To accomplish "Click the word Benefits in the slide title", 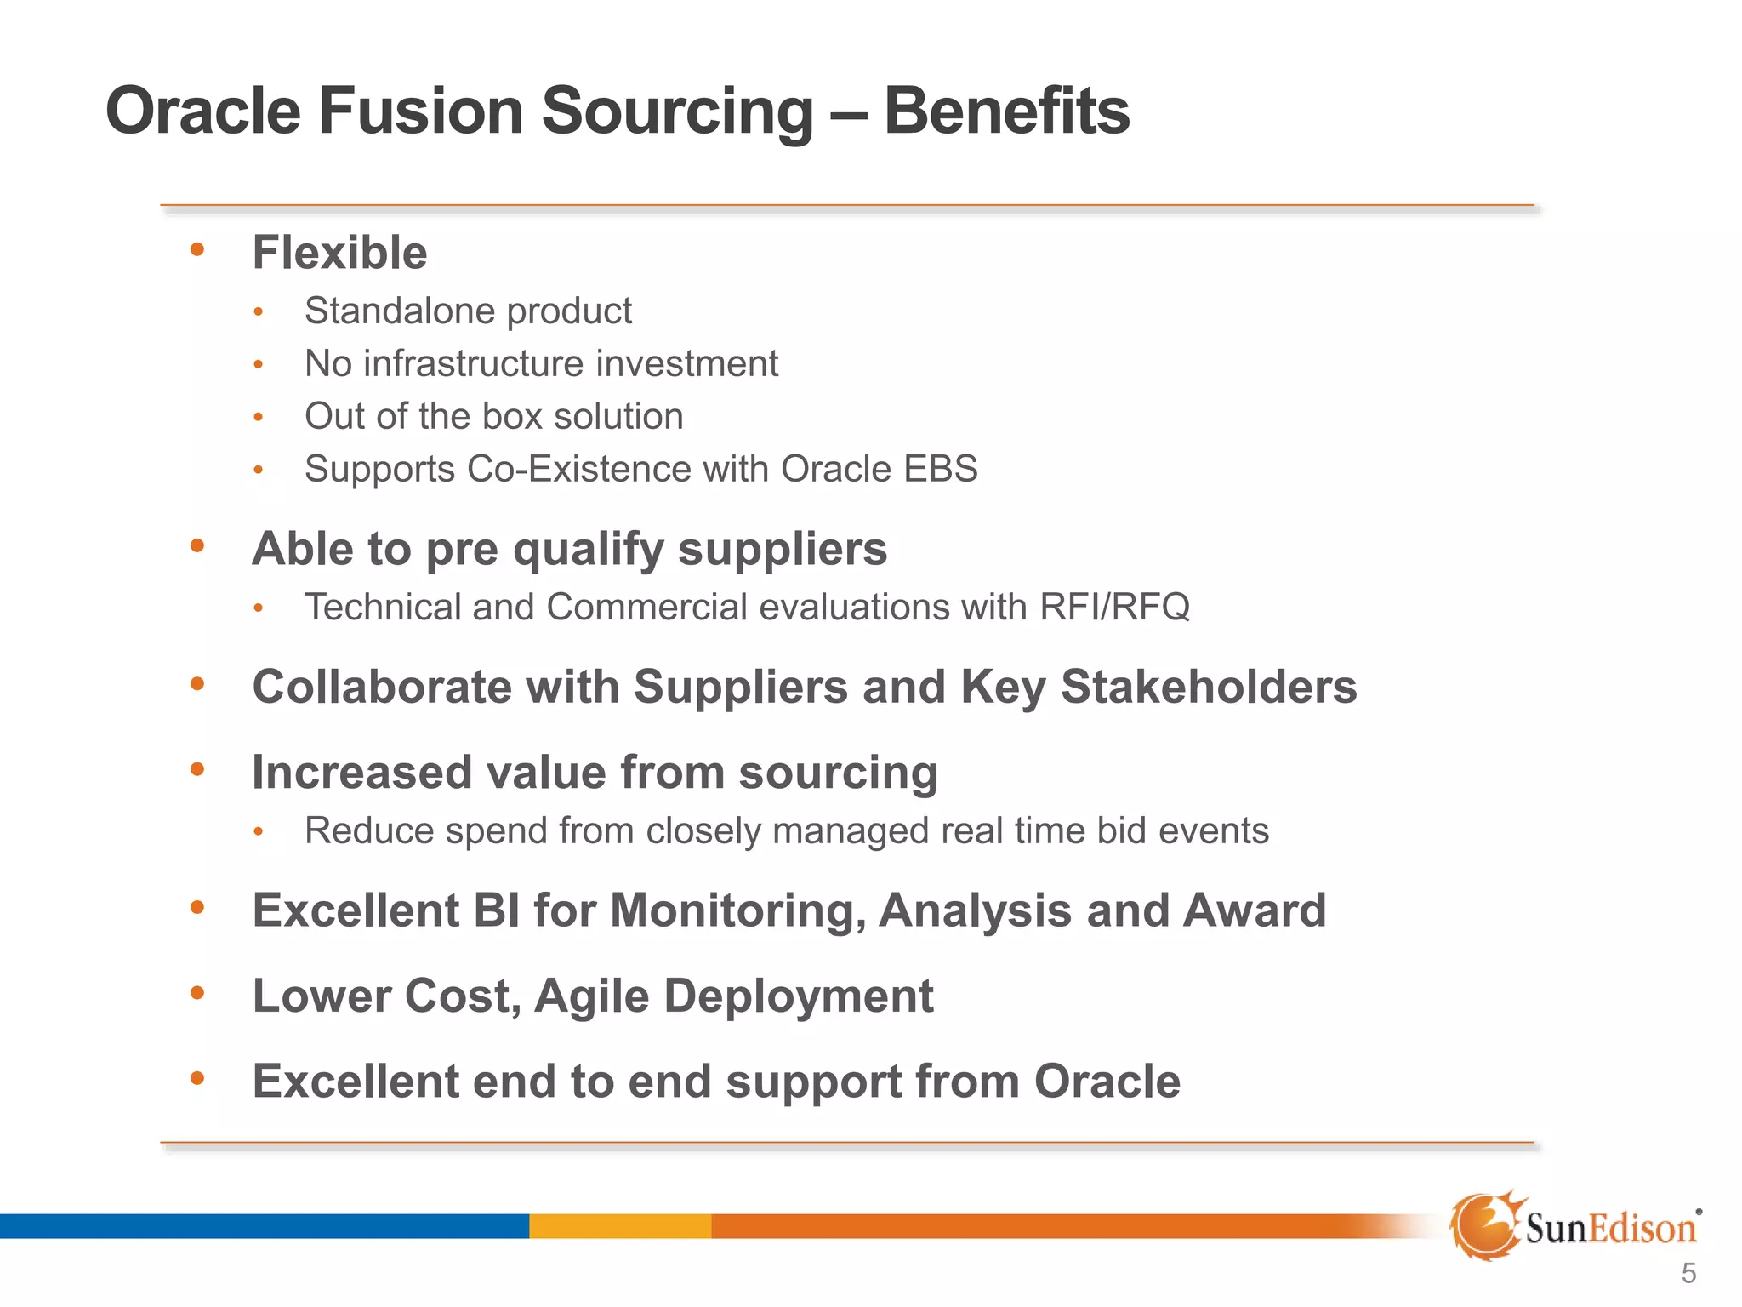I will click(x=1006, y=111).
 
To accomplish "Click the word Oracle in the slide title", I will click(x=203, y=111).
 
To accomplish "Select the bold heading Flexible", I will click(x=339, y=253).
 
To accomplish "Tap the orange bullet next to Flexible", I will click(x=197, y=249).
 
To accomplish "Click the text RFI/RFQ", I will click(x=1113, y=607).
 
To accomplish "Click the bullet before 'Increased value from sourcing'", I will click(x=197, y=769).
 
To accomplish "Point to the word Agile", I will click(x=591, y=997).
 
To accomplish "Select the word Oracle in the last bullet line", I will click(x=1107, y=1082).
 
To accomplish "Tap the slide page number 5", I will click(x=1688, y=1274).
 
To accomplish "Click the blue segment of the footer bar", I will click(x=264, y=1226).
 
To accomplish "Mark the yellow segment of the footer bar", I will click(x=619, y=1226).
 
